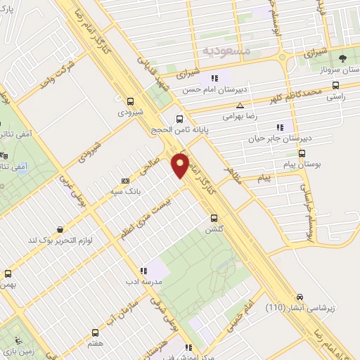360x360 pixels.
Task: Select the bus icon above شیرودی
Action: pos(129,101)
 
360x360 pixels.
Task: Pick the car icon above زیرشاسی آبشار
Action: pos(300,296)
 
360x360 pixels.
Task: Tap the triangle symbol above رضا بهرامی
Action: pos(240,105)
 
